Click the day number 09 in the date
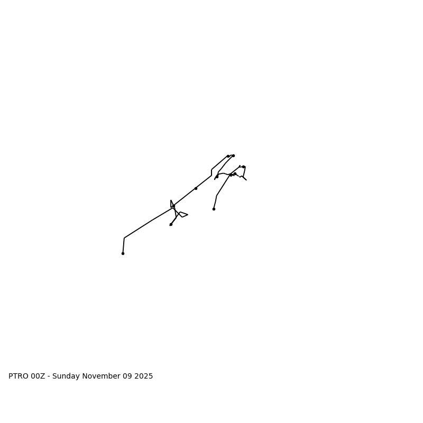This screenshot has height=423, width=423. click(x=128, y=376)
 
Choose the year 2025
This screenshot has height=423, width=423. click(x=144, y=376)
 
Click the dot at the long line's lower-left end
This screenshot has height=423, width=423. click(x=123, y=253)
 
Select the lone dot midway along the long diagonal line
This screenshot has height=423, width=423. click(x=196, y=188)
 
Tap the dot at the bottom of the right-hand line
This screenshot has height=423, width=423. click(x=214, y=209)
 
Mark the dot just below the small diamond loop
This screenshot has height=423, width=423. click(x=171, y=224)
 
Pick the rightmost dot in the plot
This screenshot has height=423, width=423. click(x=244, y=167)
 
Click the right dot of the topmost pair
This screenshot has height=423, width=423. click(x=233, y=155)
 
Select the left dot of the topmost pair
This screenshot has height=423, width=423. click(x=228, y=156)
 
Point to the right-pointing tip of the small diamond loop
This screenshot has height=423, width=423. click(x=188, y=215)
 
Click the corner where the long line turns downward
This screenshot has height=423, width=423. click(x=124, y=238)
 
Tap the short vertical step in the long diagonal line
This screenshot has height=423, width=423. click(x=212, y=172)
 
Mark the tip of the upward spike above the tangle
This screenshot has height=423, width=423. click(x=171, y=200)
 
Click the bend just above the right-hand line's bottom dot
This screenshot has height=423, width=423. click(x=216, y=196)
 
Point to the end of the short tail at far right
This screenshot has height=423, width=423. click(x=246, y=180)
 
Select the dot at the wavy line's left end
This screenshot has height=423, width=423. click(x=217, y=177)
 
